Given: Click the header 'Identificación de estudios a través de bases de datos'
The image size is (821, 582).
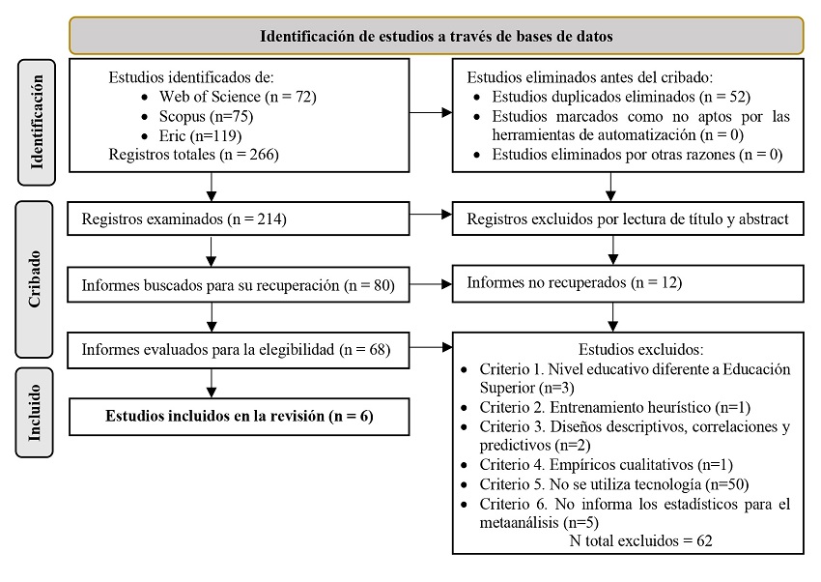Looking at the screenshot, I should tap(436, 36).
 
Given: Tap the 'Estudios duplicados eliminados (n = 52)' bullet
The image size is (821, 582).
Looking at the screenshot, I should tap(621, 97).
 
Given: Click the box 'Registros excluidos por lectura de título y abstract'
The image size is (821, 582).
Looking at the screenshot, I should tap(628, 219).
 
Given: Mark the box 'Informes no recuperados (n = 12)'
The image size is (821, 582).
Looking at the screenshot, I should tap(628, 283).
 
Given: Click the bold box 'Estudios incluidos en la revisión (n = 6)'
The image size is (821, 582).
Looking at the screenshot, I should tap(240, 417).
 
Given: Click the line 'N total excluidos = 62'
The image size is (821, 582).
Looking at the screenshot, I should tap(641, 540).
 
